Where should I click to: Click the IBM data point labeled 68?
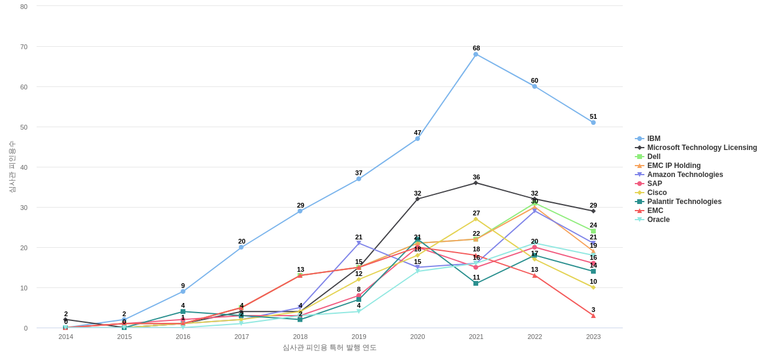pyautogui.click(x=476, y=55)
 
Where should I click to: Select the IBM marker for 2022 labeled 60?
pyautogui.click(x=535, y=86)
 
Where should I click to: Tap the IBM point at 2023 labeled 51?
pyautogui.click(x=593, y=122)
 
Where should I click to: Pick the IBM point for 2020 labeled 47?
pyautogui.click(x=418, y=139)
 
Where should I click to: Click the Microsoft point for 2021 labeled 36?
pyautogui.click(x=476, y=183)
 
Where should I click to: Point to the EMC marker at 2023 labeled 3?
pyautogui.click(x=593, y=316)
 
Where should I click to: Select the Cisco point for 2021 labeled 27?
pyautogui.click(x=476, y=219)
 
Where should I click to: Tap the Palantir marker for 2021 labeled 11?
pyautogui.click(x=476, y=283)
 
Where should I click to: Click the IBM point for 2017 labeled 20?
pyautogui.click(x=241, y=247)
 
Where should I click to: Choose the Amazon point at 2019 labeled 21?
pyautogui.click(x=359, y=243)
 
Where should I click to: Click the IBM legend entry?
pyautogui.click(x=653, y=139)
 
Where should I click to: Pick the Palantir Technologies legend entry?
pyautogui.click(x=684, y=202)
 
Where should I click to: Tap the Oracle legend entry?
pyautogui.click(x=658, y=220)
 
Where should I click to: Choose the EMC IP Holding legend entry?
pyautogui.click(x=673, y=166)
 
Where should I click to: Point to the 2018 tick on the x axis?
pyautogui.click(x=300, y=337)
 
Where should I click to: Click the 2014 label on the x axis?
pyautogui.click(x=66, y=337)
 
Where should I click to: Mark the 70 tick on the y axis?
pyautogui.click(x=24, y=47)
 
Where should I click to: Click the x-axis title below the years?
pyautogui.click(x=329, y=347)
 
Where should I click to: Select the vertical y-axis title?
pyautogui.click(x=12, y=167)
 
